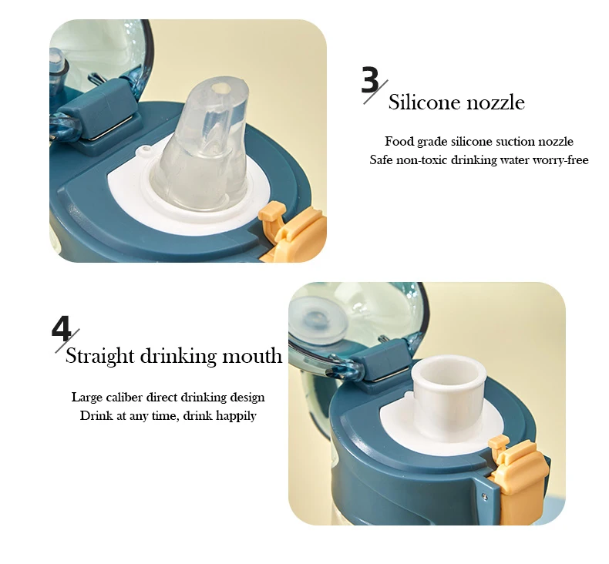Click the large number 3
[x=370, y=80]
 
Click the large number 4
[x=62, y=328]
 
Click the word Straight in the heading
[x=99, y=356]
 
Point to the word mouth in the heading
[x=251, y=356]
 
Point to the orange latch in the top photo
[x=292, y=230]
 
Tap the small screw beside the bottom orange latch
[x=484, y=495]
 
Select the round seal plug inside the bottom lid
[x=318, y=321]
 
